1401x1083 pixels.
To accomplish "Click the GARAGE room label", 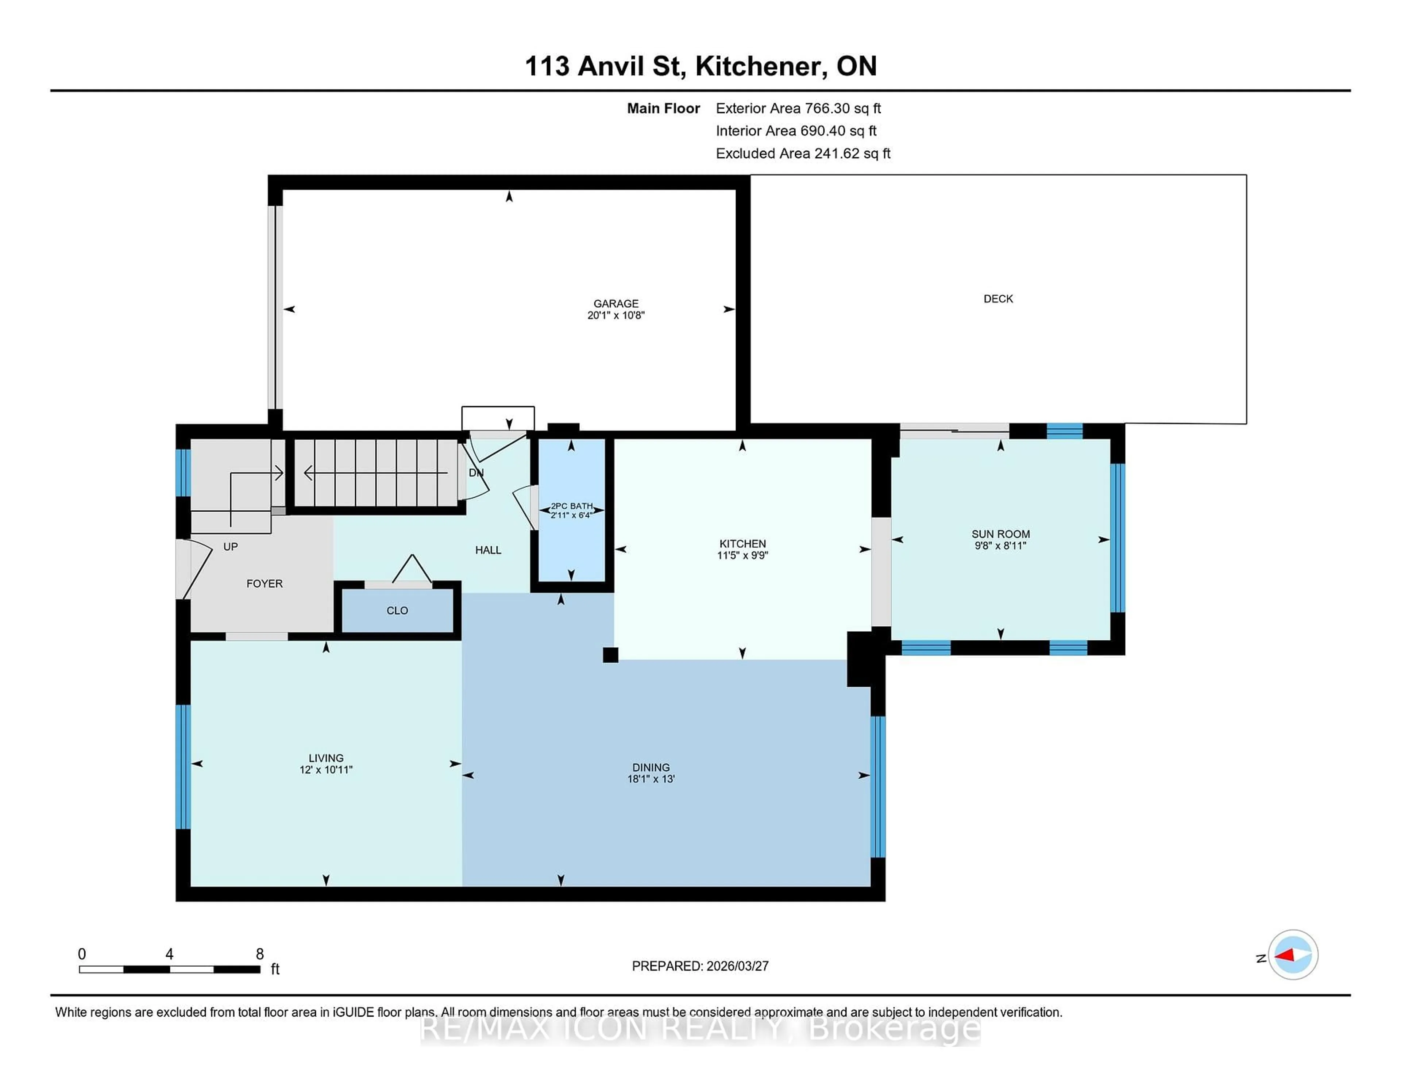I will (615, 304).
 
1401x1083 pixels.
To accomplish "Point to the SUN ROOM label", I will (1000, 534).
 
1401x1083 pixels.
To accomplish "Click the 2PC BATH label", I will (572, 506).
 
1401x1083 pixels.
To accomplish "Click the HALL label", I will (488, 550).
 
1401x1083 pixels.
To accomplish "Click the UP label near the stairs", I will (230, 547).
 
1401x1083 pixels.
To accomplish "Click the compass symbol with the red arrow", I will (1293, 955).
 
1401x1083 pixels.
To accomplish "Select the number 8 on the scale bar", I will (260, 954).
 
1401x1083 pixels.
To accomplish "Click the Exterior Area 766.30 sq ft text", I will (798, 108).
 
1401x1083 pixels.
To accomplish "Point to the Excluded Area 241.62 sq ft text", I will (803, 153).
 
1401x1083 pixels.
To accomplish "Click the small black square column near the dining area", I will (610, 655).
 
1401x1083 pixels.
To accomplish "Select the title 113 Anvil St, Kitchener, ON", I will (700, 66).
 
